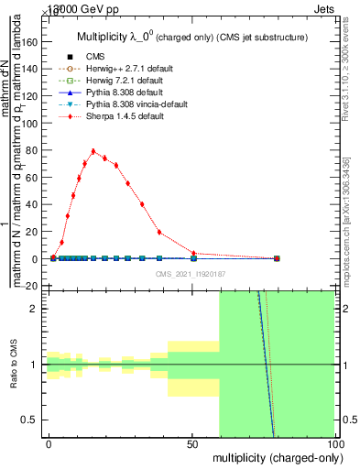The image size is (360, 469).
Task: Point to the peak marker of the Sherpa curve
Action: tap(93, 151)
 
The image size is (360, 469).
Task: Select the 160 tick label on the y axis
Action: tap(31, 42)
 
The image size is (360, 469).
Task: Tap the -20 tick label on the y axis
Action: tap(33, 286)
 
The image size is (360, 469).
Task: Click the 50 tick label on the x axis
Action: tap(192, 442)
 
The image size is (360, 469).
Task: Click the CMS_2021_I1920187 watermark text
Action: tap(191, 273)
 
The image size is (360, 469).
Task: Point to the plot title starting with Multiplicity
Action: tap(191, 37)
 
